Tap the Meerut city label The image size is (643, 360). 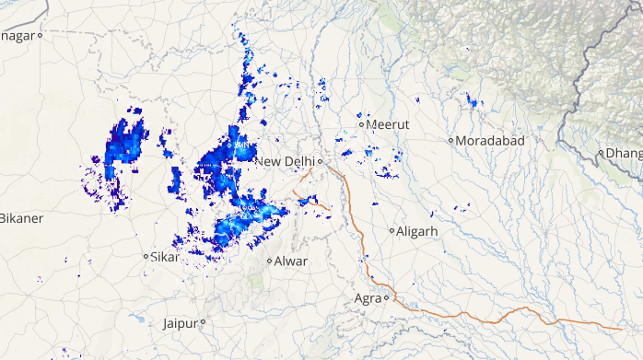coord(388,123)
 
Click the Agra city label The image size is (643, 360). coord(368,297)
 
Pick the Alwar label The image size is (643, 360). coord(291,261)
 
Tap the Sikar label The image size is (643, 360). coord(166,257)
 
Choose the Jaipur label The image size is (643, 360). coord(180,323)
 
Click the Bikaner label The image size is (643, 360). coord(20,218)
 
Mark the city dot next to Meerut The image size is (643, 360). coord(361,124)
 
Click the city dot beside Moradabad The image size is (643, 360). coord(450,141)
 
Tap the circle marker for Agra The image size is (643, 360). coord(386,297)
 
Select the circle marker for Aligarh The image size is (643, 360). coord(392,231)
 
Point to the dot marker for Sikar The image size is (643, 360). coord(146,256)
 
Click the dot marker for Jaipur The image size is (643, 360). coord(202,322)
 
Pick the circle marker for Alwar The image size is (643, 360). coord(269,261)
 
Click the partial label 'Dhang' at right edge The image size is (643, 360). coord(623,153)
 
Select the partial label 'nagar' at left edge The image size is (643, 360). coord(18,35)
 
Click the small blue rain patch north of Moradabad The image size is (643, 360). coord(473,99)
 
